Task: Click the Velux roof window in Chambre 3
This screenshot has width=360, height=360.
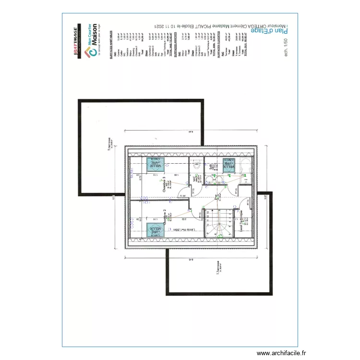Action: point(156,164)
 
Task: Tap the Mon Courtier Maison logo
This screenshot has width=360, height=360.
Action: point(92,39)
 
